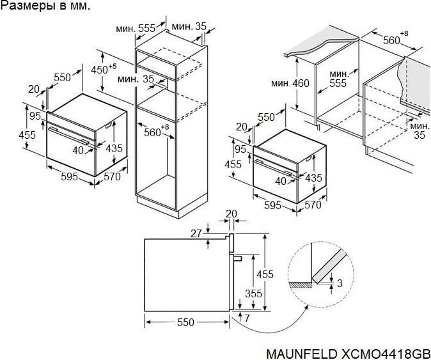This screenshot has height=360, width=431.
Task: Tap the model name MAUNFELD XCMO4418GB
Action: (347, 353)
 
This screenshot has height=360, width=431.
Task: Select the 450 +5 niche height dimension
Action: (102, 69)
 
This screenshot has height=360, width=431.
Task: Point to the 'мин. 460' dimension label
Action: (289, 83)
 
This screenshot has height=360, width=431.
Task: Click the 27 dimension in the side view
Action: (197, 233)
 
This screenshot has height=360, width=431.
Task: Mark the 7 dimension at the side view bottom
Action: (247, 318)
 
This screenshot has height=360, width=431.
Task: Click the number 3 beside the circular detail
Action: (340, 283)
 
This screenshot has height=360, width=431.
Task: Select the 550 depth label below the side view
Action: (185, 323)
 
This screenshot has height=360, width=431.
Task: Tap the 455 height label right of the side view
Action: (265, 274)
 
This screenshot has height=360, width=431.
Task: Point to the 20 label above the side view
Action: (231, 214)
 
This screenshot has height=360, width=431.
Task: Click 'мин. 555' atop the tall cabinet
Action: (136, 28)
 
